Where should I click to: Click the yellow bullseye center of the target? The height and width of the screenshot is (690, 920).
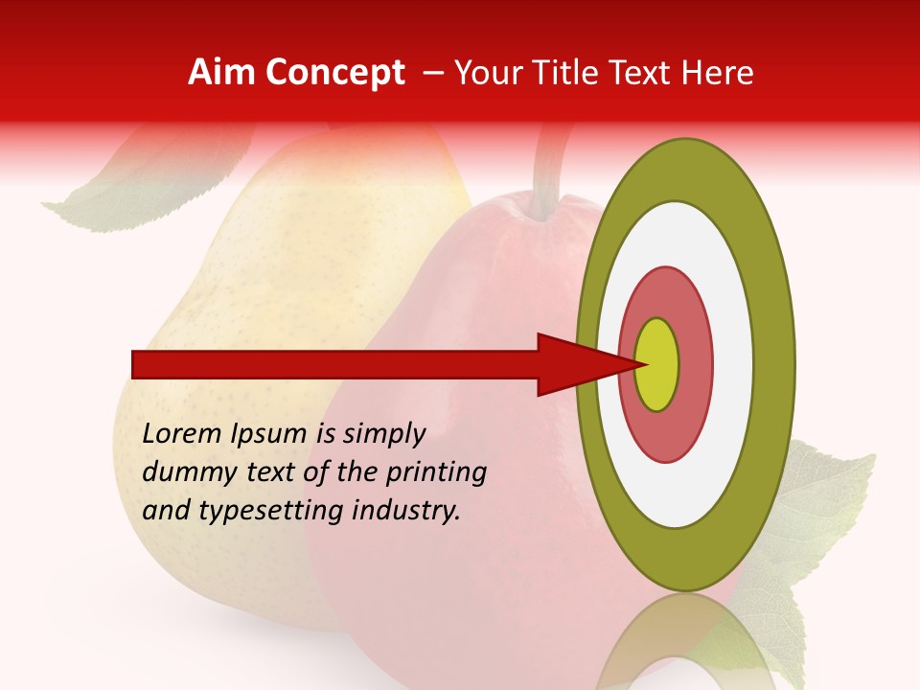(x=657, y=364)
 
